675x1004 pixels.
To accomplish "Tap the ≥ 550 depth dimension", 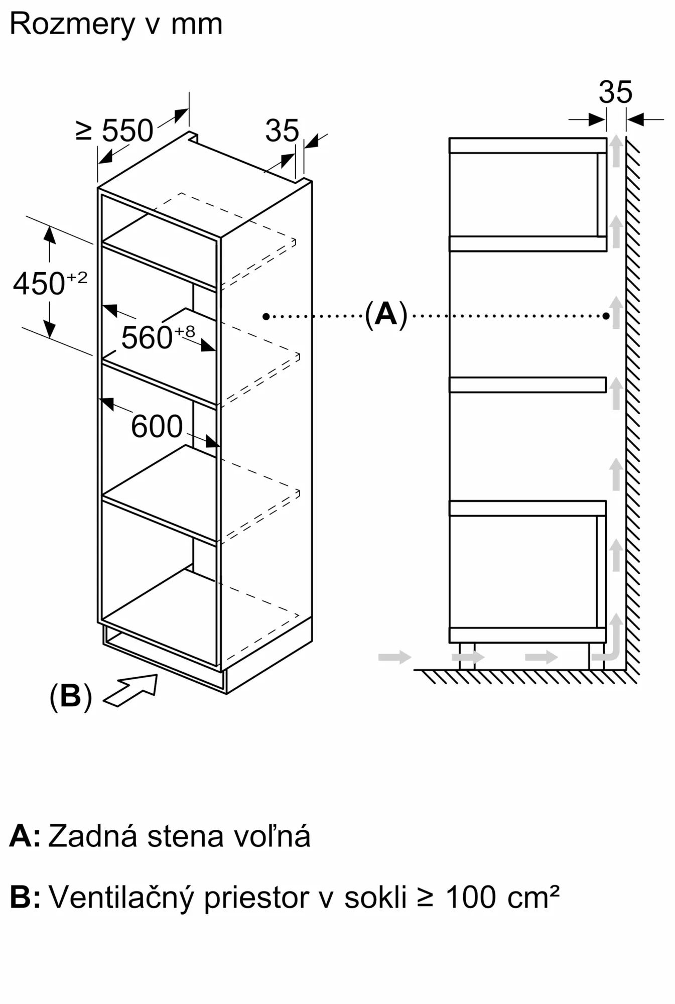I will (114, 131).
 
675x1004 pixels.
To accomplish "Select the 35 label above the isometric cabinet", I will (282, 131).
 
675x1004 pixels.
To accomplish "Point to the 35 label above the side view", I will (615, 92).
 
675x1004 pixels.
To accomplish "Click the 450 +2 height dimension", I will (50, 284).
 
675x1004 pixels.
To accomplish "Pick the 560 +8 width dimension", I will (158, 336).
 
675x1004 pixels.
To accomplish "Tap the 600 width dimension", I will (157, 427).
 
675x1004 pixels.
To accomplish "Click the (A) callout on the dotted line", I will (385, 315).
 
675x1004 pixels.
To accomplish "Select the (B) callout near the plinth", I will (71, 696).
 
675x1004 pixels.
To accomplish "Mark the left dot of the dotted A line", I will (266, 316).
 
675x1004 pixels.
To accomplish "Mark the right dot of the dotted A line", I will (606, 316).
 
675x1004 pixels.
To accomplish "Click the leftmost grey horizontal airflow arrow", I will (394, 657).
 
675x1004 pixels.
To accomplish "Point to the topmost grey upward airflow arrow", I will (616, 151).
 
